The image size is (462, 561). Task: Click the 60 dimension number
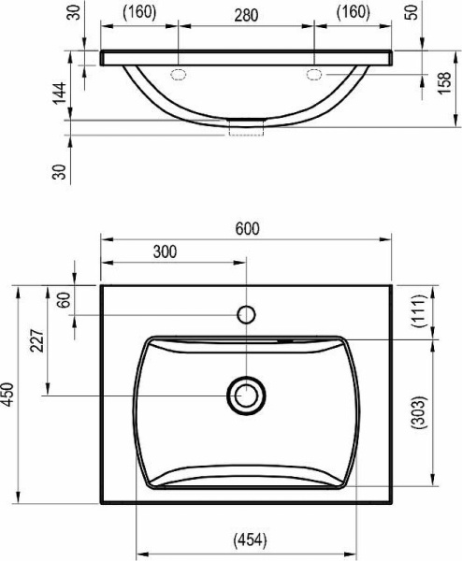64,300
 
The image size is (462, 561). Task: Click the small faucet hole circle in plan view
247,314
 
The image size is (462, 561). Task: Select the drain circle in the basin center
247,395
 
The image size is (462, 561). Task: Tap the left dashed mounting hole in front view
180,73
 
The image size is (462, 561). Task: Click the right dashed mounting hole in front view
315,73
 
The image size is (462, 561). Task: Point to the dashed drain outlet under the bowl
247,127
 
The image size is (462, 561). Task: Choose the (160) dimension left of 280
139,13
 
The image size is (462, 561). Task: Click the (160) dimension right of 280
353,13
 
